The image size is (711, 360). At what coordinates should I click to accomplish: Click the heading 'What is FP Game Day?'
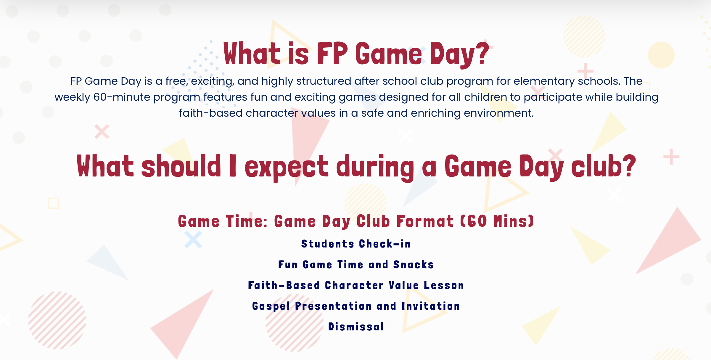(356, 54)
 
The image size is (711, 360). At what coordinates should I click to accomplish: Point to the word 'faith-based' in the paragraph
(211, 113)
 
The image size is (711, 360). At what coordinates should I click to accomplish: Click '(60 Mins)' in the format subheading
(497, 221)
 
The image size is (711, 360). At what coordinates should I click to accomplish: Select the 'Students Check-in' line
(356, 244)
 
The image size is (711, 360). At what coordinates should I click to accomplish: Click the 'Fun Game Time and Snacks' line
(356, 265)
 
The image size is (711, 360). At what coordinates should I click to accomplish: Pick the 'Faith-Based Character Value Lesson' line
(356, 285)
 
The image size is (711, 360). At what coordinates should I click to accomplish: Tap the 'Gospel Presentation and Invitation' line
(356, 306)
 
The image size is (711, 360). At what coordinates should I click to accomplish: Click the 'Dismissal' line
(356, 327)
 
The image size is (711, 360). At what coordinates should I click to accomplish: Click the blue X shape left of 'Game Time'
(193, 240)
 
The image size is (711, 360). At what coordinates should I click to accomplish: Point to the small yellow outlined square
(54, 203)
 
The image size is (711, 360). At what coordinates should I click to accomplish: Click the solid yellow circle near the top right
(661, 55)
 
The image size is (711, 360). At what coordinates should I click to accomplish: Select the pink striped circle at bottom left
(57, 320)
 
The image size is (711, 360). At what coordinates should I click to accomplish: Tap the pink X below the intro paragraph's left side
(102, 132)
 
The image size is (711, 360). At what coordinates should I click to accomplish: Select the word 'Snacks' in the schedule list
(414, 265)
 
